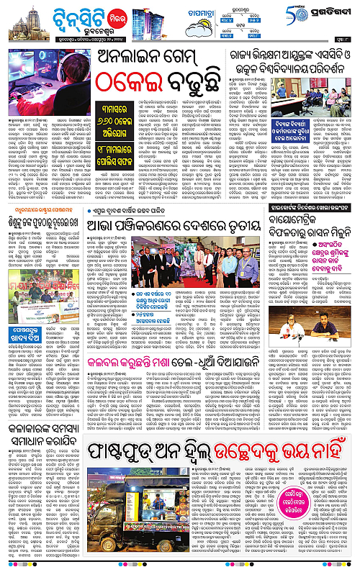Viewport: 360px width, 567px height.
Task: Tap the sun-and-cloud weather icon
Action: [197, 28]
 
